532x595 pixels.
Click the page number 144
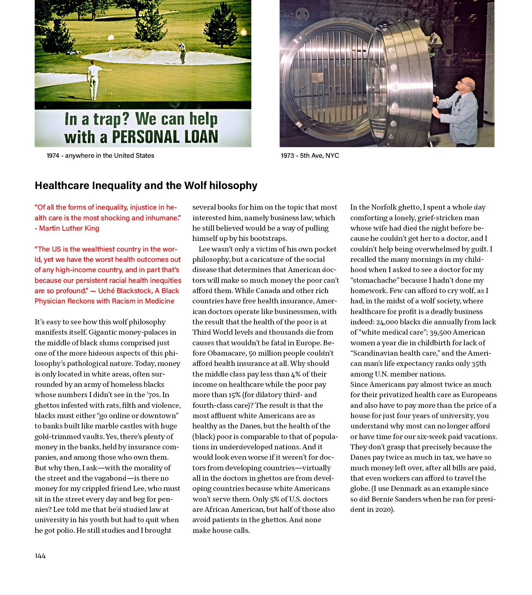pos(40,556)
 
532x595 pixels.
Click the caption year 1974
pos(53,156)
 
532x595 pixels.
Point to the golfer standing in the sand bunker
pos(182,53)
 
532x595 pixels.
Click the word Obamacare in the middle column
pos(226,353)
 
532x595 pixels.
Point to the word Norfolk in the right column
pos(383,207)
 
